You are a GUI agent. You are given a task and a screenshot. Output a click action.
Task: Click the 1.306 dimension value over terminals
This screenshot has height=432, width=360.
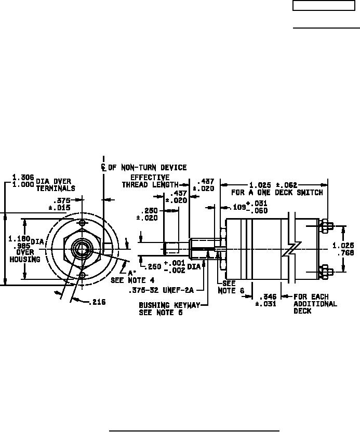click(x=23, y=177)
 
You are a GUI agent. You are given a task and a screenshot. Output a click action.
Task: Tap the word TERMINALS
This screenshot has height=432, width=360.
click(x=56, y=188)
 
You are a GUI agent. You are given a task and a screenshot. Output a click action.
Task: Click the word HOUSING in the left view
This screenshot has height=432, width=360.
click(x=24, y=259)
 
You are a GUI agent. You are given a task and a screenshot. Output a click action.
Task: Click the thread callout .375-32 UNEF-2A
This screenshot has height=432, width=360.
click(x=162, y=290)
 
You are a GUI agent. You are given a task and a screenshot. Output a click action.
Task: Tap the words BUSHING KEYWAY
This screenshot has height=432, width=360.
click(x=169, y=305)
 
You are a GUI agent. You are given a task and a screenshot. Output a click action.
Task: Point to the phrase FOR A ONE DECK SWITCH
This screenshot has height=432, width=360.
click(x=277, y=193)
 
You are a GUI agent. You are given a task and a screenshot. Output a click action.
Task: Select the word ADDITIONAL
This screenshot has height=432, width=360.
click(x=315, y=304)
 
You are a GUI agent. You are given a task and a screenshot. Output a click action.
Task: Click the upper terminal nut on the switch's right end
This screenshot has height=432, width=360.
click(x=326, y=226)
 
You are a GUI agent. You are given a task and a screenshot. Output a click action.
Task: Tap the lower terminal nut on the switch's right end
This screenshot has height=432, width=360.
click(x=326, y=270)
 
